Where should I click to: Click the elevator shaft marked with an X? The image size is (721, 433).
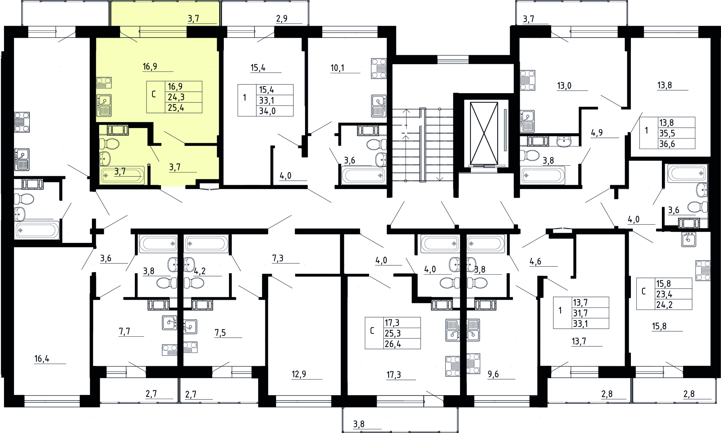click(x=484, y=133)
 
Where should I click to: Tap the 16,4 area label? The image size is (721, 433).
click(x=42, y=359)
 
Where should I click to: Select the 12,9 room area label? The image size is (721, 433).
click(x=299, y=374)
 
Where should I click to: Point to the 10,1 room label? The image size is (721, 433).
click(x=337, y=68)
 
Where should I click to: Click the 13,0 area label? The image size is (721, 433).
click(x=564, y=86)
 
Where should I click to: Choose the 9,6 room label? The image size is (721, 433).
click(x=493, y=374)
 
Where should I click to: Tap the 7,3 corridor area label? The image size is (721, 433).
click(x=278, y=258)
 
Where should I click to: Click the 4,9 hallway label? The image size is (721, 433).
click(x=597, y=133)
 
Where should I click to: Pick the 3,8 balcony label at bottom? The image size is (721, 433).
click(x=359, y=424)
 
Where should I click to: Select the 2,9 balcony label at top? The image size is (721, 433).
click(x=282, y=19)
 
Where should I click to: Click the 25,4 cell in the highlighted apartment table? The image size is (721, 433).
click(x=176, y=108)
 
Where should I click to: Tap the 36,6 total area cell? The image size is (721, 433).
click(x=667, y=144)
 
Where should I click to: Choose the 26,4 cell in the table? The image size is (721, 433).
click(x=393, y=344)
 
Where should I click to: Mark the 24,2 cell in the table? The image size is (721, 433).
click(x=664, y=305)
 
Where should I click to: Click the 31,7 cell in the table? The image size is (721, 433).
click(x=580, y=313)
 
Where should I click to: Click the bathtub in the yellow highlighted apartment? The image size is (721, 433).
click(x=122, y=175)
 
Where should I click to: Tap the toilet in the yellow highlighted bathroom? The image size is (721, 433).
click(x=109, y=144)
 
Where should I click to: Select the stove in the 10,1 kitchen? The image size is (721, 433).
click(x=379, y=68)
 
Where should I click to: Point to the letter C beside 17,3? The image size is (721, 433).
click(x=372, y=331)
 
